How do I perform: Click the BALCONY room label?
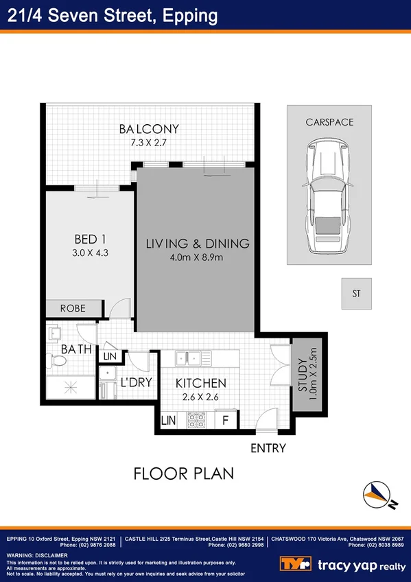point(149,128)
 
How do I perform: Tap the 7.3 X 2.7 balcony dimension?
point(149,142)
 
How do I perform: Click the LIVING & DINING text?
point(197,244)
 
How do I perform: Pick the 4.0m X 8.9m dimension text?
point(197,257)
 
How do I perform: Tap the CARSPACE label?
point(330,122)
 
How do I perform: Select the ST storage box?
point(356,294)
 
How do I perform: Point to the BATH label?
point(75,349)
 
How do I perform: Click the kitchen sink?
point(193,358)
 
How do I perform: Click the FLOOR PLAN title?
point(184,474)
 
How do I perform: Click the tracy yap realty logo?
point(342,564)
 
